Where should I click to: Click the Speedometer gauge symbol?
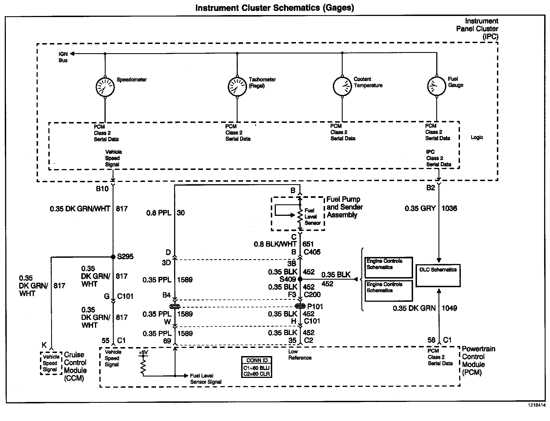coord(105,87)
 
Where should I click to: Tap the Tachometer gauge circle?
coord(237,87)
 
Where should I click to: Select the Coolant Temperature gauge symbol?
coord(342,86)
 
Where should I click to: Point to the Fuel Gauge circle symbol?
coord(437,86)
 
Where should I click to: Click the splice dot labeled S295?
coord(113,257)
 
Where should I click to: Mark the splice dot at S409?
coord(300,279)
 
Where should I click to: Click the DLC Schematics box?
coord(438,276)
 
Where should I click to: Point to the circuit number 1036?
coord(449,208)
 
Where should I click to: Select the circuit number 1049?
coord(449,308)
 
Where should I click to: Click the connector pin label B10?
coord(102,189)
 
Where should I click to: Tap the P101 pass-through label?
coord(315,307)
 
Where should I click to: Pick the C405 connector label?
coord(312,252)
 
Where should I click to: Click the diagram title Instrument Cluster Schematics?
coord(274,8)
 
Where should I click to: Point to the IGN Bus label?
coord(63,57)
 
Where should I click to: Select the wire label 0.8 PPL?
coord(159,213)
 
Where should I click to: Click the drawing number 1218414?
coord(536,405)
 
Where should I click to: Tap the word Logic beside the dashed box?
coord(476,137)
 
